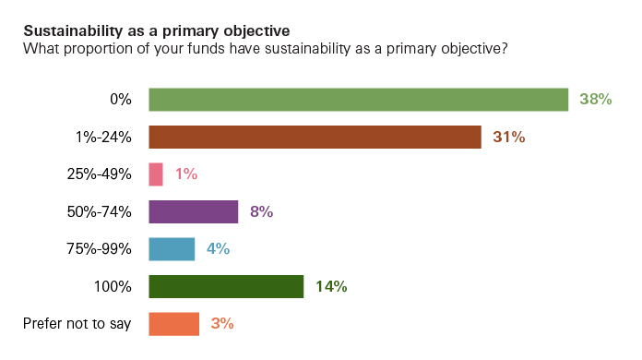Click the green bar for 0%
click(358, 100)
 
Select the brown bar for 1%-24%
click(315, 137)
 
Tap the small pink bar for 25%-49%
click(156, 174)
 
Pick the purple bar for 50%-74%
click(194, 211)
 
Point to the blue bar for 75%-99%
click(172, 249)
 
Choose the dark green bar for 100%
click(226, 286)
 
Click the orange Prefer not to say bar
click(173, 324)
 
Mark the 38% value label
click(596, 100)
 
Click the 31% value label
click(508, 138)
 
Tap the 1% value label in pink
click(186, 174)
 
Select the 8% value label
click(261, 212)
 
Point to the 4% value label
click(218, 249)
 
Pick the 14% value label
click(331, 287)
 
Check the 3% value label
click(222, 324)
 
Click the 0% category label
click(120, 100)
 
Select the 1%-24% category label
click(104, 138)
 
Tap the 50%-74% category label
click(100, 212)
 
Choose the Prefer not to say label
click(77, 324)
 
